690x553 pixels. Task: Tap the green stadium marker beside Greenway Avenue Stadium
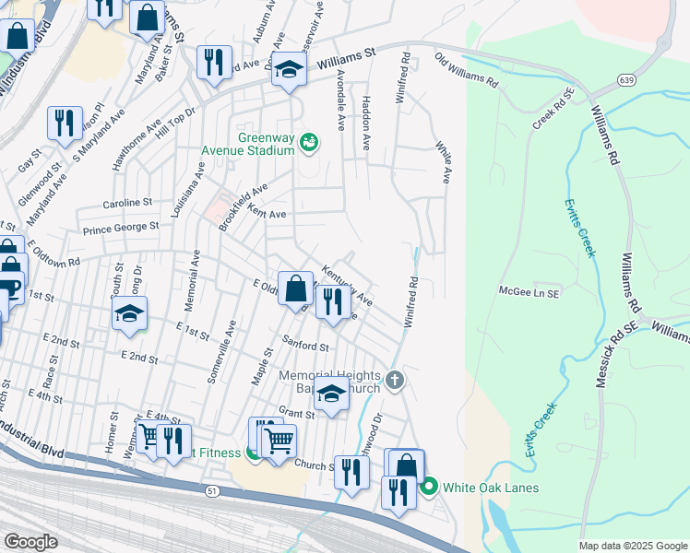pos(309,141)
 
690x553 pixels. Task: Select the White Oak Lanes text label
pos(490,488)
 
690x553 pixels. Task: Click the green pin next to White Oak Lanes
pos(428,487)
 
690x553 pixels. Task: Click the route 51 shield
pos(213,492)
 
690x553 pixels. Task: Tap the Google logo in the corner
pos(30,542)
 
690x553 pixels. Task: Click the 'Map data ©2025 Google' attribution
pos(632,546)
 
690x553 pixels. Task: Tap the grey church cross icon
pos(395,380)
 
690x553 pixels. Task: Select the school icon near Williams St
pos(289,70)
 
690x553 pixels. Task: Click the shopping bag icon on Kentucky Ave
pos(295,288)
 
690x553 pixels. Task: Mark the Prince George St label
pos(121,227)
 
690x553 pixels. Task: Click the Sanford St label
pos(306,347)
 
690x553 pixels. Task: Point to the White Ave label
pos(443,162)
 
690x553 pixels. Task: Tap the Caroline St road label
pos(120,202)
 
